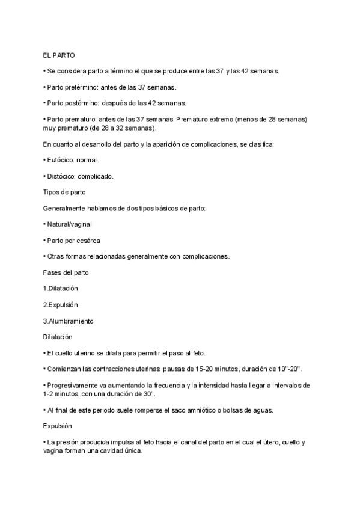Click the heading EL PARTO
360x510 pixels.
coord(59,55)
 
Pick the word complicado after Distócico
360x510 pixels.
coord(96,176)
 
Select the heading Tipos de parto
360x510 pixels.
coord(64,192)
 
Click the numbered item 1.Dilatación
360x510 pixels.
coord(61,288)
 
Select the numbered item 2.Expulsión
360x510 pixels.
coord(60,304)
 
